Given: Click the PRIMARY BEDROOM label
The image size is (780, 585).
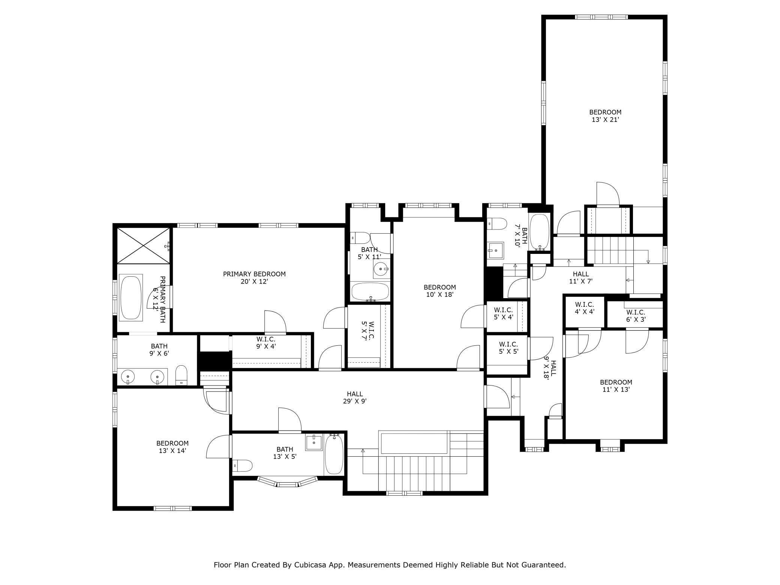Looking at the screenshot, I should coord(254,274).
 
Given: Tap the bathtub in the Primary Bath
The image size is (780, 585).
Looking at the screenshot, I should coord(130,298).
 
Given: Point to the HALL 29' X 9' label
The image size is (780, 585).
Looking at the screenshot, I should coord(354,397).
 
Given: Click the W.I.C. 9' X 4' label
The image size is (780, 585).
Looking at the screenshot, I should coord(266,343).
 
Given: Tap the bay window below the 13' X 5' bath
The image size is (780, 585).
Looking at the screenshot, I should coord(288,483).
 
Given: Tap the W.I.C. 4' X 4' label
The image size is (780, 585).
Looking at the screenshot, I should coord(584,307).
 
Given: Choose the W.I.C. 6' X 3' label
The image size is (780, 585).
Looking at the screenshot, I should coord(635,316).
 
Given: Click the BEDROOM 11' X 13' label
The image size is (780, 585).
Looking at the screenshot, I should coord(616,385).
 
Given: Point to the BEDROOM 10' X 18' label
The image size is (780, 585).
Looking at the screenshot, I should coord(439,291).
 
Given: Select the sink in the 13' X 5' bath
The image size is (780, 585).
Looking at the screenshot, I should coord(314,442).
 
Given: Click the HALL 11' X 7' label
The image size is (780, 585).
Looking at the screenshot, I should coord(580,277).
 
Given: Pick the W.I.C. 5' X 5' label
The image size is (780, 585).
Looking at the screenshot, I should coord(508,348).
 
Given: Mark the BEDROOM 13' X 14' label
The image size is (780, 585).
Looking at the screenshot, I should coord(172,447).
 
